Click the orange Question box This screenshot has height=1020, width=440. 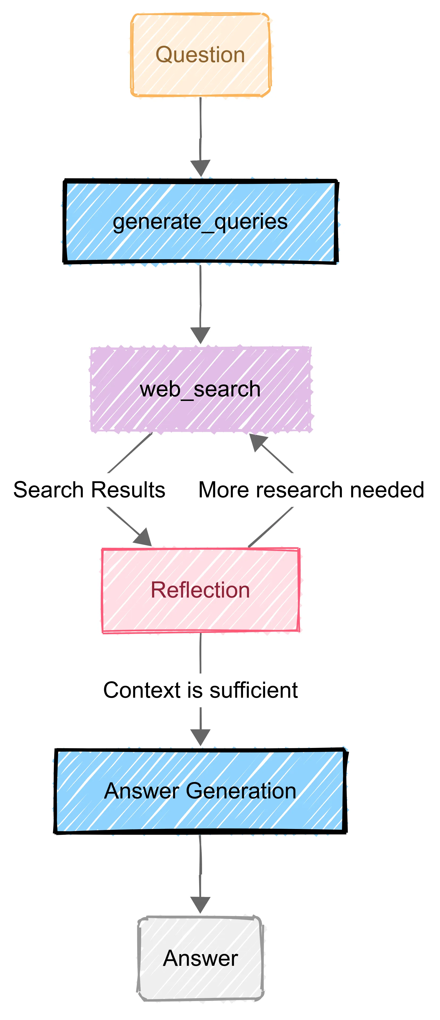point(200,55)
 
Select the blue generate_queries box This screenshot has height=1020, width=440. point(200,222)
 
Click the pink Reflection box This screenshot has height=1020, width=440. point(200,590)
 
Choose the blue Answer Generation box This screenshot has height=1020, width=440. point(200,791)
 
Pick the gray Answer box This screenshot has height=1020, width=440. point(200,958)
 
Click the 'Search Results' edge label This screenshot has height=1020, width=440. point(89,490)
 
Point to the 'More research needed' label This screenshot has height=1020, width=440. point(311,490)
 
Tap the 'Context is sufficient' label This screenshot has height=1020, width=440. point(200,690)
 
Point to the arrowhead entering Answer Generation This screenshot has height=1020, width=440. point(200,737)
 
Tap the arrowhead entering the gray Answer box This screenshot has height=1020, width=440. point(200,905)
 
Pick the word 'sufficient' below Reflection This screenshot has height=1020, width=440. point(253,690)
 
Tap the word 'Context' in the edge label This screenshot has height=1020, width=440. point(142,690)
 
